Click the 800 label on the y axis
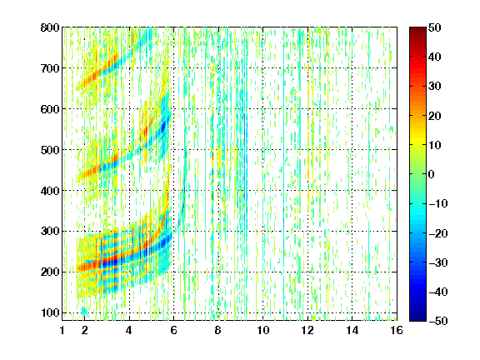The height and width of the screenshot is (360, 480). pyautogui.click(x=50, y=27)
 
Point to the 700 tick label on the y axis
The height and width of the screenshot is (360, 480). pyautogui.click(x=50, y=68)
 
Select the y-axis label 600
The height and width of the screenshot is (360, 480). pyautogui.click(x=50, y=109)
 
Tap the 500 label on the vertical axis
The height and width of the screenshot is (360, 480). pyautogui.click(x=50, y=150)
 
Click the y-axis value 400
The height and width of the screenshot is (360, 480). pyautogui.click(x=50, y=191)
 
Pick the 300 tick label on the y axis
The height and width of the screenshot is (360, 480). pyautogui.click(x=50, y=231)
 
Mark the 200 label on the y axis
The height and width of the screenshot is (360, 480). pyautogui.click(x=50, y=272)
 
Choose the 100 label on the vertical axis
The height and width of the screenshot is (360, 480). pyautogui.click(x=50, y=312)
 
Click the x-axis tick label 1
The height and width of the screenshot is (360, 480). pyautogui.click(x=62, y=330)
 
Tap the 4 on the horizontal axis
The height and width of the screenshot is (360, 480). pyautogui.click(x=129, y=330)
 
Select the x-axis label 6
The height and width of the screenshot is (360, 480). pyautogui.click(x=173, y=330)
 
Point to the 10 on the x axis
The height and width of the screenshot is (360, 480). pyautogui.click(x=263, y=330)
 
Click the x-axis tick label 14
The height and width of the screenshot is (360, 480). pyautogui.click(x=352, y=330)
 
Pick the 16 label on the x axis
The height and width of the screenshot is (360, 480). pyautogui.click(x=397, y=330)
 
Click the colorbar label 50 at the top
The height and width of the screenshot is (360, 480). pyautogui.click(x=435, y=27)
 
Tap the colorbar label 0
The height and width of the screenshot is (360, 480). pyautogui.click(x=432, y=174)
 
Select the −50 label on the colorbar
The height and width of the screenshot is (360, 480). pyautogui.click(x=438, y=321)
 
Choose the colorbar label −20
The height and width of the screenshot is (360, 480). pyautogui.click(x=438, y=233)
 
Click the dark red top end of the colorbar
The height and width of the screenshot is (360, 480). pyautogui.click(x=417, y=30)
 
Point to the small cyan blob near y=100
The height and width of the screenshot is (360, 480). pyautogui.click(x=84, y=312)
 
